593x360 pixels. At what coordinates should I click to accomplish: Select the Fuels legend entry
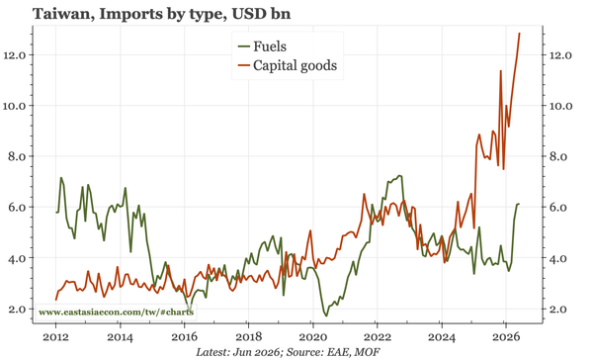click(x=262, y=46)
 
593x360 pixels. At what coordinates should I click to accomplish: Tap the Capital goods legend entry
click(x=287, y=65)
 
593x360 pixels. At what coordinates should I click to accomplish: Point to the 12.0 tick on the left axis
click(x=14, y=55)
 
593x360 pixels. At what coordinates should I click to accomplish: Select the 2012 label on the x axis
click(x=55, y=337)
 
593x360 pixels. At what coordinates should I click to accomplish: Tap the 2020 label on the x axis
click(x=312, y=337)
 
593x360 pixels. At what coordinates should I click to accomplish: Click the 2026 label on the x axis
click(x=505, y=337)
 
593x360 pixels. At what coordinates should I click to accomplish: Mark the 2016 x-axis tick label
click(x=184, y=337)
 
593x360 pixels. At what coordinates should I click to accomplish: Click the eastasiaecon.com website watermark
click(x=116, y=313)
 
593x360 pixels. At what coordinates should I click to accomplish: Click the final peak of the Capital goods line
click(x=519, y=34)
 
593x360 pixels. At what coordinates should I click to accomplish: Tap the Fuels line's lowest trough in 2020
click(x=326, y=315)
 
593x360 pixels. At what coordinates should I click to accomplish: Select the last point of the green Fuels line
click(x=519, y=204)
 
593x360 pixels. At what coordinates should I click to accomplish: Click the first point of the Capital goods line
click(x=56, y=300)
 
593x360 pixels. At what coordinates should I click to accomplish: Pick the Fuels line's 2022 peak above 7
click(x=399, y=176)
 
